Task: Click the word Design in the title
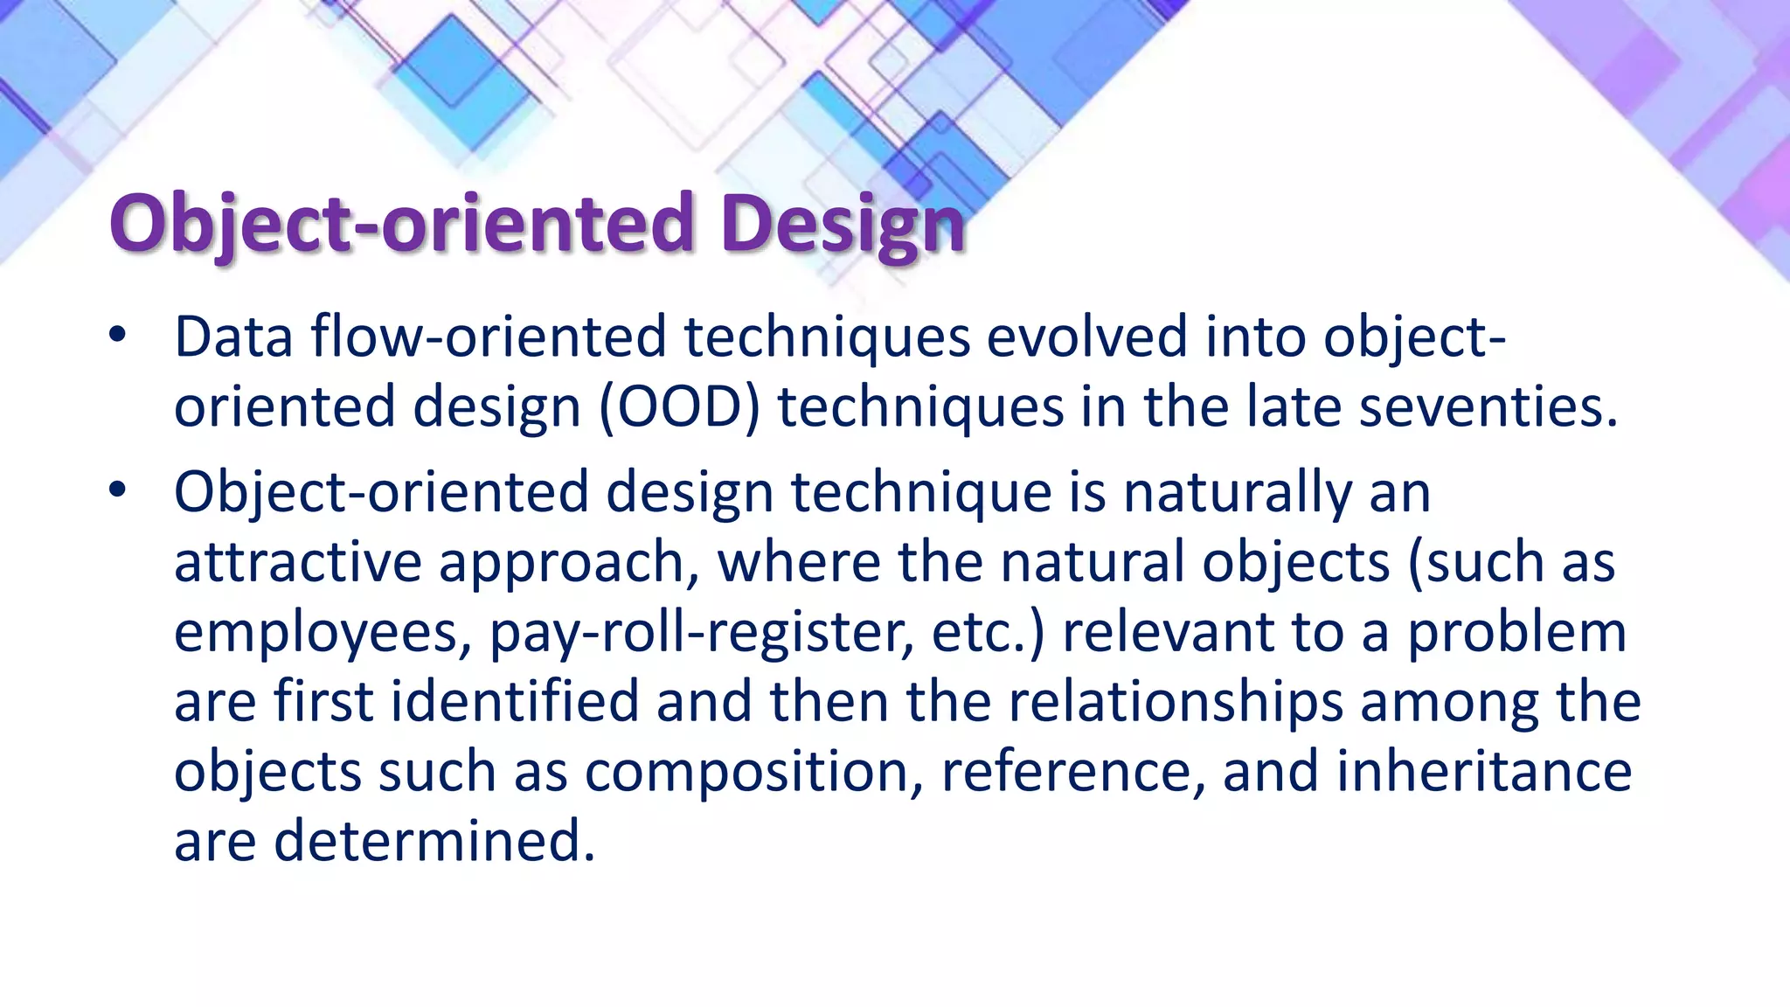pyautogui.click(x=843, y=224)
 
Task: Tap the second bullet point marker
pyautogui.click(x=118, y=490)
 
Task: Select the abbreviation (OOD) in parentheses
pyautogui.click(x=680, y=407)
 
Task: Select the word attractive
pyautogui.click(x=298, y=562)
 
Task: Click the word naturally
pyautogui.click(x=1238, y=492)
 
